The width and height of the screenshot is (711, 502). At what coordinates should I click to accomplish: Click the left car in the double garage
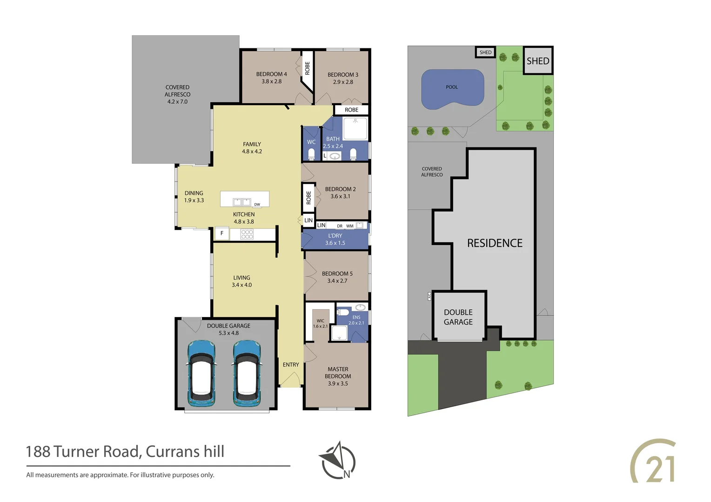tap(201, 373)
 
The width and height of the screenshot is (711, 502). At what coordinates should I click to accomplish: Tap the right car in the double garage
tap(247, 373)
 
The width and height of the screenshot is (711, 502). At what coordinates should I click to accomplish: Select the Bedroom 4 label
tap(271, 78)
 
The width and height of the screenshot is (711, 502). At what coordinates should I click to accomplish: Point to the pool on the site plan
tap(452, 89)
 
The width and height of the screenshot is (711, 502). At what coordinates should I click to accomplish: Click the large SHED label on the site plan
tap(538, 61)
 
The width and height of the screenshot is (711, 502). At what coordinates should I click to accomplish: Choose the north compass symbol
tap(337, 461)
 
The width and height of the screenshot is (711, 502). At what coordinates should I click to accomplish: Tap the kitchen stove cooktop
tap(247, 234)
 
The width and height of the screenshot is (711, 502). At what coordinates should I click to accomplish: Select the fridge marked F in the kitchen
tap(222, 233)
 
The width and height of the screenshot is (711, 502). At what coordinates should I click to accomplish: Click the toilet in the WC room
tap(311, 154)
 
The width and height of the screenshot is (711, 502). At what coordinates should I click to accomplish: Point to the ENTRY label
tap(291, 365)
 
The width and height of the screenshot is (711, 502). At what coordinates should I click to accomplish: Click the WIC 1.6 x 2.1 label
tap(320, 324)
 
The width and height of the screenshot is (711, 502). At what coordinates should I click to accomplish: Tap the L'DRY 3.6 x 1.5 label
tap(335, 239)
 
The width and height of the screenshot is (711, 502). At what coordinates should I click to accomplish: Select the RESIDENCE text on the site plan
tap(495, 243)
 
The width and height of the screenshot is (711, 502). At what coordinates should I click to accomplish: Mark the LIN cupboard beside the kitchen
tap(309, 220)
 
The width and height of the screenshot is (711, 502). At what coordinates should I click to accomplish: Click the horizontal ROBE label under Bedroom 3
tap(352, 110)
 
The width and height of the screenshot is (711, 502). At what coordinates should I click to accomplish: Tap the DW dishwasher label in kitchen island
tap(257, 205)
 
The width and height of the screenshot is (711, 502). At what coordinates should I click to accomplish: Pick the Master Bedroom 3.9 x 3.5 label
tap(338, 376)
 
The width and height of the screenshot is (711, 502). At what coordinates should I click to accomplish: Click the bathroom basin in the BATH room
tap(335, 156)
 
